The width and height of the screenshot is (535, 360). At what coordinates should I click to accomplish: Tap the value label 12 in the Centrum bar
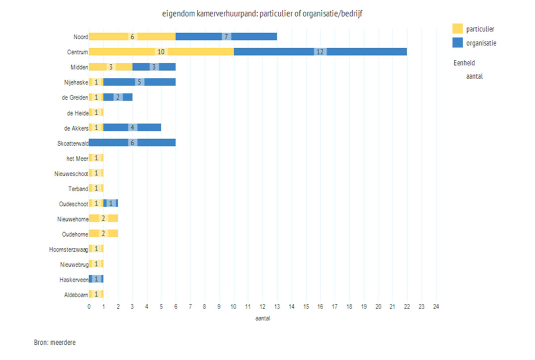coord(320,52)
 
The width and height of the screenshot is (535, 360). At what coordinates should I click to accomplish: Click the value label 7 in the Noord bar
coord(226,36)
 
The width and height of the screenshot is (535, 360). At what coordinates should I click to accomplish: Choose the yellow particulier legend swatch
coord(458,29)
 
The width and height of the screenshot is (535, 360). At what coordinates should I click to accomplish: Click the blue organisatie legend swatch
coord(458,42)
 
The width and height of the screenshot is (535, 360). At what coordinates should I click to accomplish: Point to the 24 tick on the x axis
coord(436,307)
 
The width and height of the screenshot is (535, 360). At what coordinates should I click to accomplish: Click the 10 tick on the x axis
coord(233,307)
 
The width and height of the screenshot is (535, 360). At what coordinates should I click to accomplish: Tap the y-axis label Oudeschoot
coord(73,203)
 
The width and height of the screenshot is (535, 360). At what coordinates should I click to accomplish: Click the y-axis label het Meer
coord(77,158)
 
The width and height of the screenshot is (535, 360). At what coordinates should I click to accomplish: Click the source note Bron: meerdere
coord(54,342)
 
